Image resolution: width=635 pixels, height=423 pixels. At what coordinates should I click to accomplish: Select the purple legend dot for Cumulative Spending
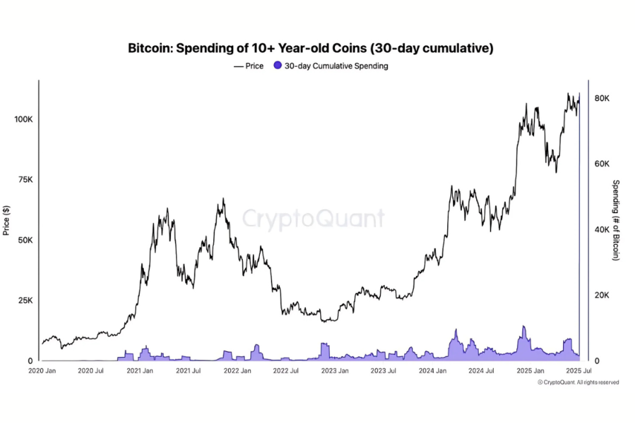pos(278,66)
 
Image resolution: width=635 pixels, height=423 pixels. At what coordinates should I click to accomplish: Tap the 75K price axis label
pos(25,180)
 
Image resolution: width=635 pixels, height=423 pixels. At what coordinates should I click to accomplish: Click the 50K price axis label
pos(25,240)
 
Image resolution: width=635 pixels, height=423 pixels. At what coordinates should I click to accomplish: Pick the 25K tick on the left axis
pos(25,301)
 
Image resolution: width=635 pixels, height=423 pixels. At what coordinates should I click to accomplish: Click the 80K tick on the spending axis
pos(602,98)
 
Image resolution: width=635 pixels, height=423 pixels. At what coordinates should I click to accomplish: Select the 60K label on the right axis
pos(602,164)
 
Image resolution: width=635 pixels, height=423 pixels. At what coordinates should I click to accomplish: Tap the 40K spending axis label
pos(602,230)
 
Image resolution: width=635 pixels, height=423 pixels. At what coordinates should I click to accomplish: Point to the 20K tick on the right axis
pos(602,295)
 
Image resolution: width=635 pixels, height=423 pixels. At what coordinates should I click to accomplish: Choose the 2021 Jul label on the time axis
pos(188,371)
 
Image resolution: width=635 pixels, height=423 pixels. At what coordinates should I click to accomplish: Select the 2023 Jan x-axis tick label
pos(335,371)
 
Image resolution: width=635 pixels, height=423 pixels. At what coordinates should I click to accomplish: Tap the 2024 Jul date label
pos(481,371)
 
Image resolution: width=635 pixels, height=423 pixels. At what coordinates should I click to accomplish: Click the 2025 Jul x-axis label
pos(579,371)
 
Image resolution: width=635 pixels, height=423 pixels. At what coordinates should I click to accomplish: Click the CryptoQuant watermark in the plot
pos(314,219)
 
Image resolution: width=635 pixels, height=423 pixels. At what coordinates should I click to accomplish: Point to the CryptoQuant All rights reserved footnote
pos(578,383)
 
